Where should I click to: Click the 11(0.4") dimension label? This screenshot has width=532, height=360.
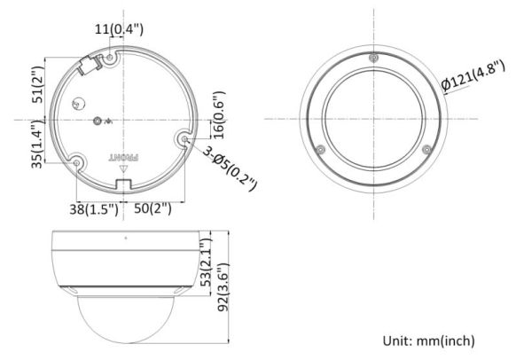(119, 29)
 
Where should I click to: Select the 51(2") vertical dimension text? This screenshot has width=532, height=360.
(38, 85)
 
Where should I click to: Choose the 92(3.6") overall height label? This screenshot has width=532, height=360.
(223, 288)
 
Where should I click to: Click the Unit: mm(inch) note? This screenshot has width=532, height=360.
(428, 340)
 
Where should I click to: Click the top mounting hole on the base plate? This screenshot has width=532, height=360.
(110, 59)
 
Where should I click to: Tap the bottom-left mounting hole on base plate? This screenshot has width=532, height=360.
(78, 163)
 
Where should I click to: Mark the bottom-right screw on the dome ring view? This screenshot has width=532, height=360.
(426, 147)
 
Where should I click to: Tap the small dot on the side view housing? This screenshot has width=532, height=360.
(124, 238)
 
